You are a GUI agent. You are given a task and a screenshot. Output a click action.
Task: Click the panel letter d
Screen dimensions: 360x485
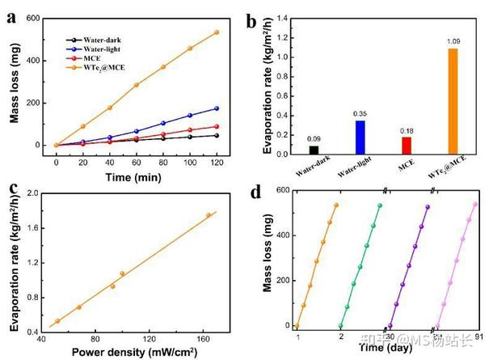tap(255, 193)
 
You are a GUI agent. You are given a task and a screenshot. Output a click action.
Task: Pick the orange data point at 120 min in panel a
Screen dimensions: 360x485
tap(217, 32)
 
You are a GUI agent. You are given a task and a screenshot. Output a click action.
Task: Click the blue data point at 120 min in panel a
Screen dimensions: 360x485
tap(217, 108)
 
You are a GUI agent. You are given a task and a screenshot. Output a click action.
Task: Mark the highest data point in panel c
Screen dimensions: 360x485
tap(209, 215)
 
